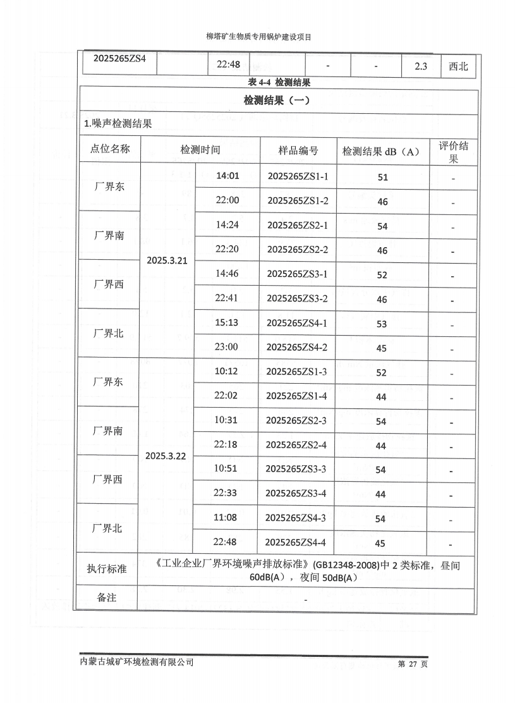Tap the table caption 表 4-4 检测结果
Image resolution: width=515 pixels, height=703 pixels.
279,82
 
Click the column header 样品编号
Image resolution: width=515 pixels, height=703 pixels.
298,150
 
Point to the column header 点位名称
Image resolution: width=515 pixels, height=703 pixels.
110,149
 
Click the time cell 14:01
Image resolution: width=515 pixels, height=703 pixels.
227,176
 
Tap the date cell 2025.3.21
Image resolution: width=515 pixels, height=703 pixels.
167,260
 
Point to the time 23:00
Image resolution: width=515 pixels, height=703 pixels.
226,346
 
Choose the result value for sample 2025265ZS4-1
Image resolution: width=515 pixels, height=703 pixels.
382,324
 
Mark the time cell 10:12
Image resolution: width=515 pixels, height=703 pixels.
226,371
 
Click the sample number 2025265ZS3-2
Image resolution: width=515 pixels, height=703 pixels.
297,298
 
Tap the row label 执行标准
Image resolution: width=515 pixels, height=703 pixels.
107,568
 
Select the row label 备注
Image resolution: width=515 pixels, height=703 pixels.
107,597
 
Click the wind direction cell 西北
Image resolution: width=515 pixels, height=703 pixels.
458,66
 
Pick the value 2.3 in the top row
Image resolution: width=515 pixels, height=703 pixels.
422,66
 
